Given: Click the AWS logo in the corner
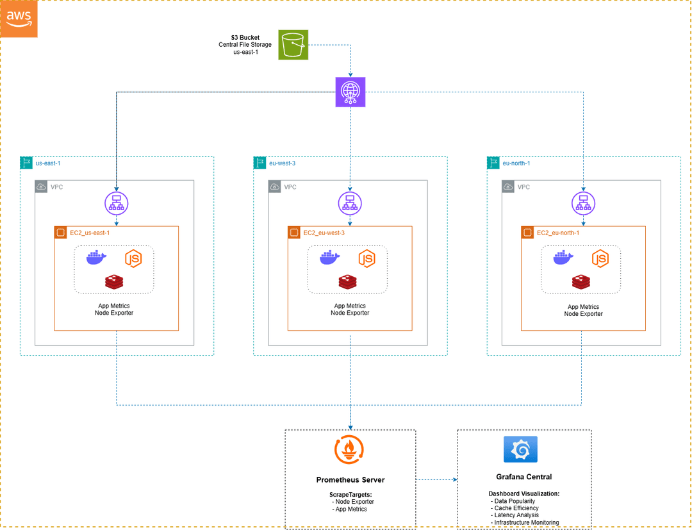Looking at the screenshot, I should (19, 19).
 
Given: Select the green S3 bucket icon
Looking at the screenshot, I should (293, 45).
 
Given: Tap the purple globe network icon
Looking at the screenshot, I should (350, 92).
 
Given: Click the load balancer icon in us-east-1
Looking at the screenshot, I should (117, 203).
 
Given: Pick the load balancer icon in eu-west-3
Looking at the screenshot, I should (350, 203).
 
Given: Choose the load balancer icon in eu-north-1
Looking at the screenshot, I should (583, 203).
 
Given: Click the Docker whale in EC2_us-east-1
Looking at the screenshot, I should (97, 258).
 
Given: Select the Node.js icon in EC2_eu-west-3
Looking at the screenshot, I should (367, 258).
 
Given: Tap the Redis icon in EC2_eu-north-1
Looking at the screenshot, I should (581, 282).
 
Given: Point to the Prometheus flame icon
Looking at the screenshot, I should (350, 450).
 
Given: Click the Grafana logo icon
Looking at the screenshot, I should (520, 450).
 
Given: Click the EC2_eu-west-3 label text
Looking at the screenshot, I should (324, 233).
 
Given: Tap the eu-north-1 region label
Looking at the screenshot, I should (516, 163).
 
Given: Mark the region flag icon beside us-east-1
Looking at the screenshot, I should (26, 163).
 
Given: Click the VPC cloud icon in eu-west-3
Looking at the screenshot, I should (275, 187).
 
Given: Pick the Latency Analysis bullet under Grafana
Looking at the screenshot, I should (516, 515).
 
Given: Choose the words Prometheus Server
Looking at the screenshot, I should (350, 479).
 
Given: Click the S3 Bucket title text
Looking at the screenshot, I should (245, 37).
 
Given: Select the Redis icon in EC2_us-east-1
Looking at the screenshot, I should (115, 282).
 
